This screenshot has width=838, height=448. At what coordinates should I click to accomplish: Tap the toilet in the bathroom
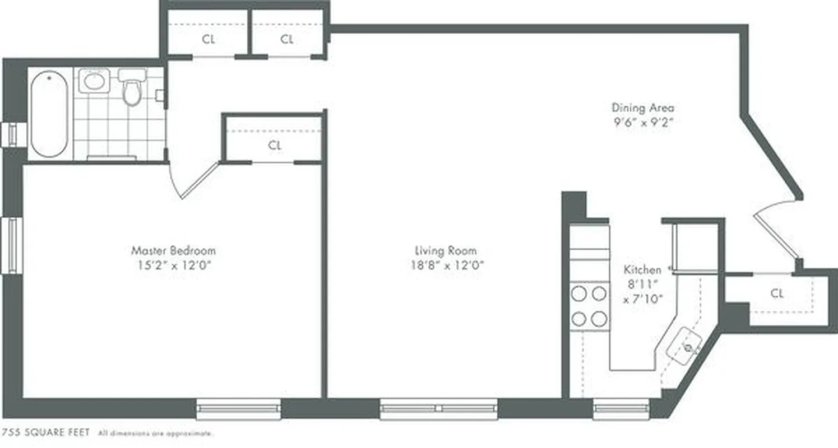(132, 90)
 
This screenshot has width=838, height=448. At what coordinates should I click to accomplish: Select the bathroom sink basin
(93, 81)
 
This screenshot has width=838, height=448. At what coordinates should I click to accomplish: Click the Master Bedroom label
(173, 250)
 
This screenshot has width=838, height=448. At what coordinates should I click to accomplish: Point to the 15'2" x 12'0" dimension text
(173, 265)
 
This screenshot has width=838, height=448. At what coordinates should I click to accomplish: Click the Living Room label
(446, 250)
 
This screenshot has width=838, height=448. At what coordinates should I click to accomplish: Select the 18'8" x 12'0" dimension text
(446, 265)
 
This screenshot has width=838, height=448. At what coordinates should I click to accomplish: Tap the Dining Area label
(642, 108)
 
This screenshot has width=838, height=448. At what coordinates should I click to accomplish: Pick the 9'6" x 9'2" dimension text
(642, 122)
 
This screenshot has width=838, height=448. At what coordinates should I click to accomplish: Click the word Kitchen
(642, 270)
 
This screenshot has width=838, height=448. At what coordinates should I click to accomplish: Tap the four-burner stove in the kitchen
(589, 306)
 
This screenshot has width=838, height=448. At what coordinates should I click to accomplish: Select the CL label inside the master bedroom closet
(274, 146)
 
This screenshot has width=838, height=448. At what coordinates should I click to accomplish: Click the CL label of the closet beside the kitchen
(776, 293)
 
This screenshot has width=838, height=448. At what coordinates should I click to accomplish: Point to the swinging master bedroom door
(199, 181)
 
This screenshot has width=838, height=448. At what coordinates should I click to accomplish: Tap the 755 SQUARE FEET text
(46, 433)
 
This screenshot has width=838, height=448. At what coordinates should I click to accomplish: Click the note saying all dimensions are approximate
(155, 433)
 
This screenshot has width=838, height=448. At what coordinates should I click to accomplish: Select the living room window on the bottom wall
(438, 409)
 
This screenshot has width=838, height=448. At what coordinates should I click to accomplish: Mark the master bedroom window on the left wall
(11, 245)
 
